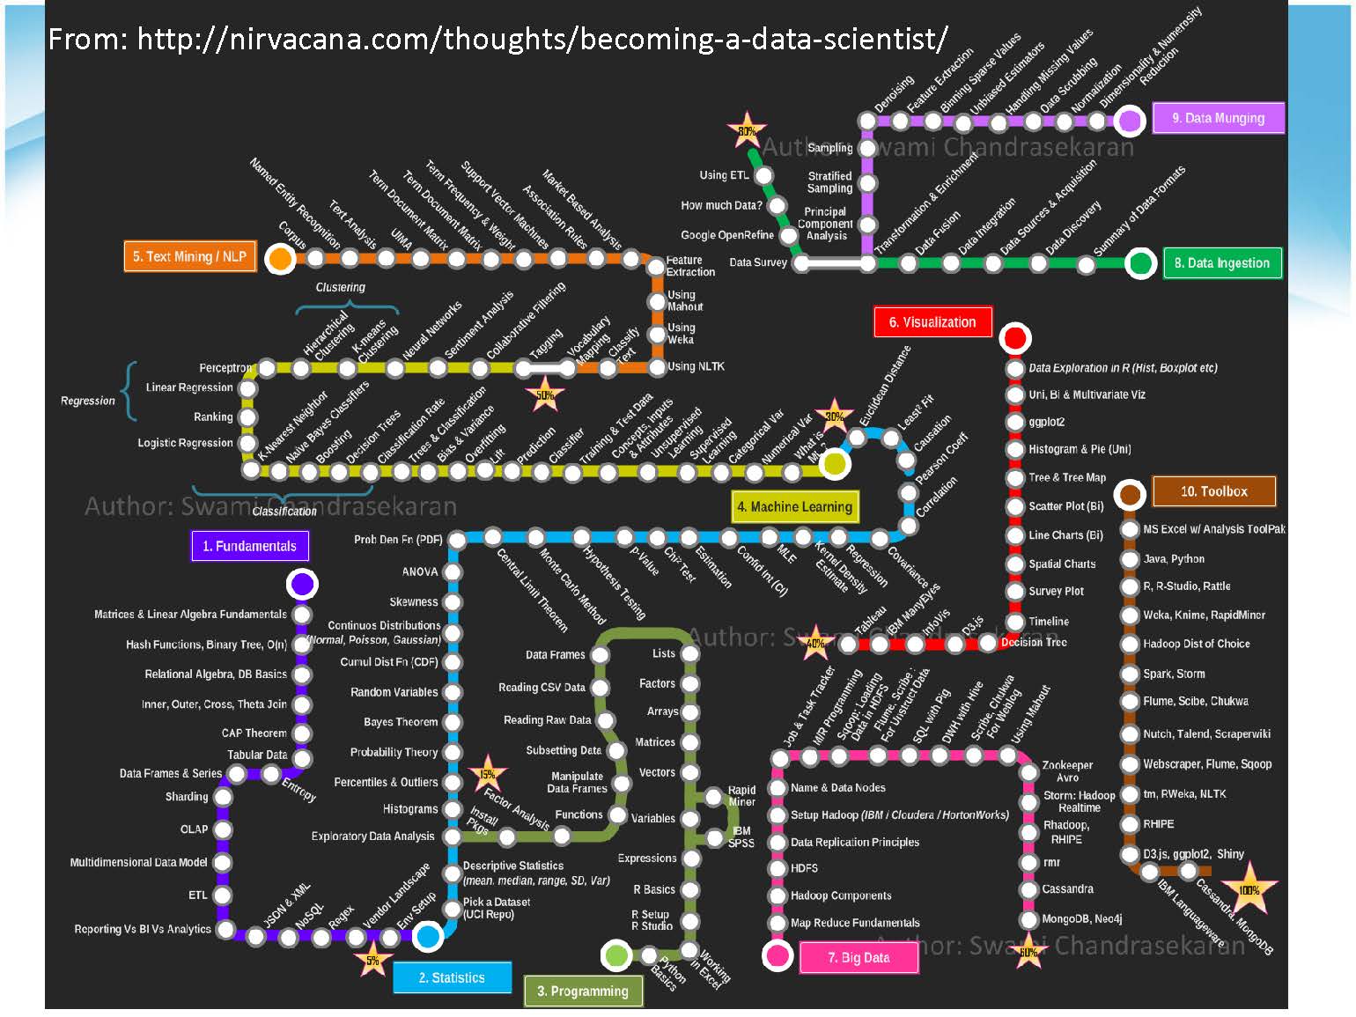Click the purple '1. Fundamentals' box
click(x=250, y=546)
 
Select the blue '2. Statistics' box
click(x=452, y=977)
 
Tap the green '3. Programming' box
click(x=583, y=991)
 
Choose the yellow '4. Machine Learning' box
click(x=794, y=506)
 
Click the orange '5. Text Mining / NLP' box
click(x=189, y=256)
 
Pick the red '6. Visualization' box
click(x=932, y=322)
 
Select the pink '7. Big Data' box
click(x=859, y=957)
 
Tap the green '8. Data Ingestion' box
click(x=1221, y=262)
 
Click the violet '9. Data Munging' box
click(x=1218, y=118)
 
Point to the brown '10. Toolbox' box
click(x=1213, y=491)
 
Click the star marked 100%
click(x=1249, y=889)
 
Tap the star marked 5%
click(x=372, y=960)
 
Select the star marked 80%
click(x=747, y=131)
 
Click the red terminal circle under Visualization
click(x=1015, y=337)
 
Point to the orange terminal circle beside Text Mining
click(x=280, y=258)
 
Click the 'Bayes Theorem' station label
click(x=401, y=722)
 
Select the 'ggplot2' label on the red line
click(x=1047, y=422)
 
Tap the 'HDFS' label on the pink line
click(x=804, y=868)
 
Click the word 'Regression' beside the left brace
click(x=88, y=401)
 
